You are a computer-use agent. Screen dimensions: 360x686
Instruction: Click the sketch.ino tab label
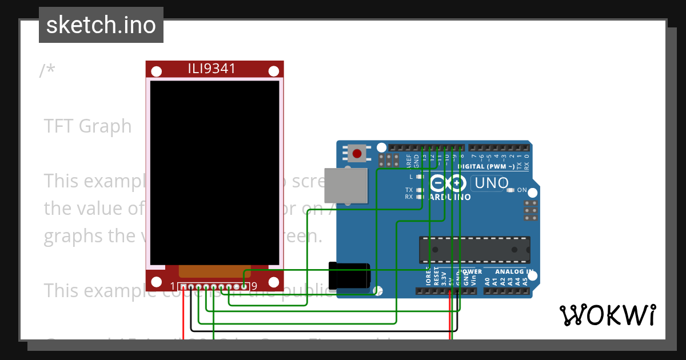101,25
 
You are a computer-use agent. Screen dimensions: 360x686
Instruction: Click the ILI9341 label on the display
212,69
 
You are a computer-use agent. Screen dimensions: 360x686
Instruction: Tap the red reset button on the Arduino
357,154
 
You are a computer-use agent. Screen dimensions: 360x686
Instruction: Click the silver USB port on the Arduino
345,185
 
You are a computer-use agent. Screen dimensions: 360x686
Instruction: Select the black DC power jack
349,275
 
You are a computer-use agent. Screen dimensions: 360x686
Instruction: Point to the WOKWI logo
607,315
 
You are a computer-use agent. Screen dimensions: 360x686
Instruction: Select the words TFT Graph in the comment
87,126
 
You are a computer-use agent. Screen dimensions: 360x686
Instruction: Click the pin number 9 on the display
254,286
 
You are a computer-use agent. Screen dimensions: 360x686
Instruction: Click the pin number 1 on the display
173,286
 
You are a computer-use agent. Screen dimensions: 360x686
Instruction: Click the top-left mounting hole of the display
156,71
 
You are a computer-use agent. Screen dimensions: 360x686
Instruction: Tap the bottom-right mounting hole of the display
274,282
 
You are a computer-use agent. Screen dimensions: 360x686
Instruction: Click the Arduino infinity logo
448,184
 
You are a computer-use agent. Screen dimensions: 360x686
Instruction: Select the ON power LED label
522,190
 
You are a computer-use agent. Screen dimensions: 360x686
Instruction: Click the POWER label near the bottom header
472,272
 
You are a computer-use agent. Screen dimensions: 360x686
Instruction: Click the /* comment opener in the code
47,71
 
